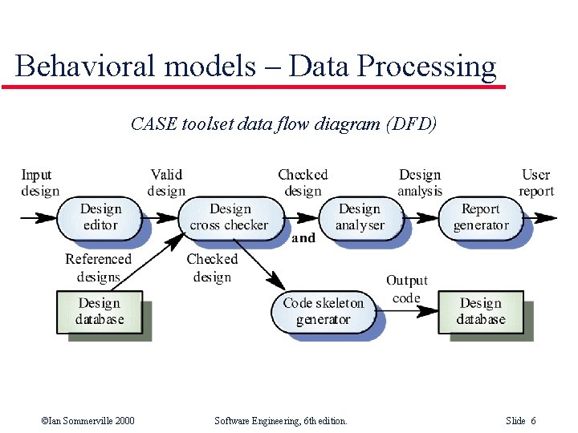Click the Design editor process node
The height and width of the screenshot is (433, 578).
(x=100, y=217)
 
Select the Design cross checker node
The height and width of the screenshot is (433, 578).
(x=230, y=217)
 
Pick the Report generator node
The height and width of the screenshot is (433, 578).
(x=480, y=217)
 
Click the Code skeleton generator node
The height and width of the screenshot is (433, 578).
(x=323, y=311)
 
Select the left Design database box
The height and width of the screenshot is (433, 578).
(x=100, y=311)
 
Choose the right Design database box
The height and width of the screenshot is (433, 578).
(x=480, y=311)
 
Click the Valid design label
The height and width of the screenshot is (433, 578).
(x=166, y=183)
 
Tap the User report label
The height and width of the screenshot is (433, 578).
(x=535, y=183)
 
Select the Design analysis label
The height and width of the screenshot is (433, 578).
(x=420, y=183)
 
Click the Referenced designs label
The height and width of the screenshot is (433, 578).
(x=98, y=268)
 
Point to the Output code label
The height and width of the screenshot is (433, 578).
(x=407, y=289)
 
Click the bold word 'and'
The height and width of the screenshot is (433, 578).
(x=303, y=238)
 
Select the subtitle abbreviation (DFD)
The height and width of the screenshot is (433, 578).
(x=411, y=124)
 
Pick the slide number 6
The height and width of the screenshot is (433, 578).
(x=533, y=421)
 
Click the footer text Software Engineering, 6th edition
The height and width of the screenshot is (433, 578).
(x=281, y=421)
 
